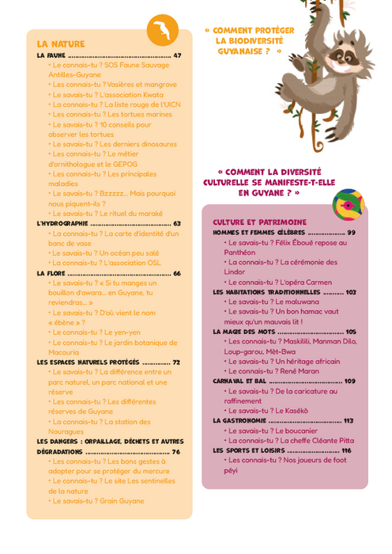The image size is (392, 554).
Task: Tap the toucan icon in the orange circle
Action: click(x=163, y=31)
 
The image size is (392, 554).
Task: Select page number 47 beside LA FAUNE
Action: click(x=177, y=56)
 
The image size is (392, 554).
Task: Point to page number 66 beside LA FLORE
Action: click(x=177, y=273)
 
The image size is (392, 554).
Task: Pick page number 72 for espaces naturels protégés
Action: click(x=176, y=362)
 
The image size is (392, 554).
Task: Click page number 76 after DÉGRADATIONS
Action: click(x=176, y=451)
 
